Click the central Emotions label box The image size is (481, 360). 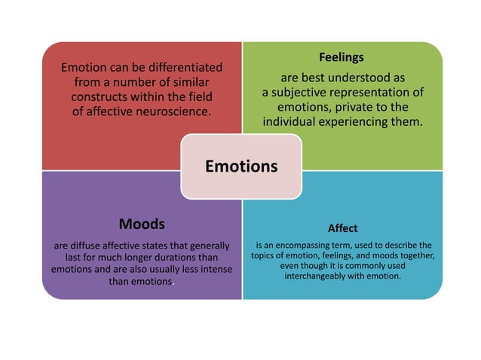click(241, 166)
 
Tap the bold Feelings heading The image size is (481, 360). click(341, 57)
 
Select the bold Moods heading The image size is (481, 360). click(142, 224)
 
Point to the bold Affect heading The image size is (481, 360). click(342, 227)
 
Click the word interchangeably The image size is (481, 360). click(323, 276)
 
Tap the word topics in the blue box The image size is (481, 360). click(265, 255)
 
